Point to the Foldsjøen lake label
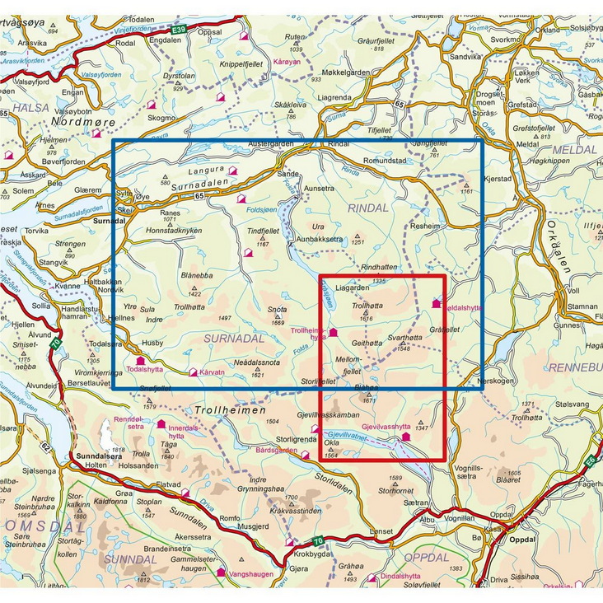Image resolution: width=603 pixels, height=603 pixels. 263,210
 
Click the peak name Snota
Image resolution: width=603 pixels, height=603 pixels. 277,311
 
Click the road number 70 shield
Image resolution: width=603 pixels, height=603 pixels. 318,540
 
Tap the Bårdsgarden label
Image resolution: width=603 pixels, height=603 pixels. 277,451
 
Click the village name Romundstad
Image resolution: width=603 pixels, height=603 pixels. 385,161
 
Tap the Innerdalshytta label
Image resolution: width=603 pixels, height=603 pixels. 184,432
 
